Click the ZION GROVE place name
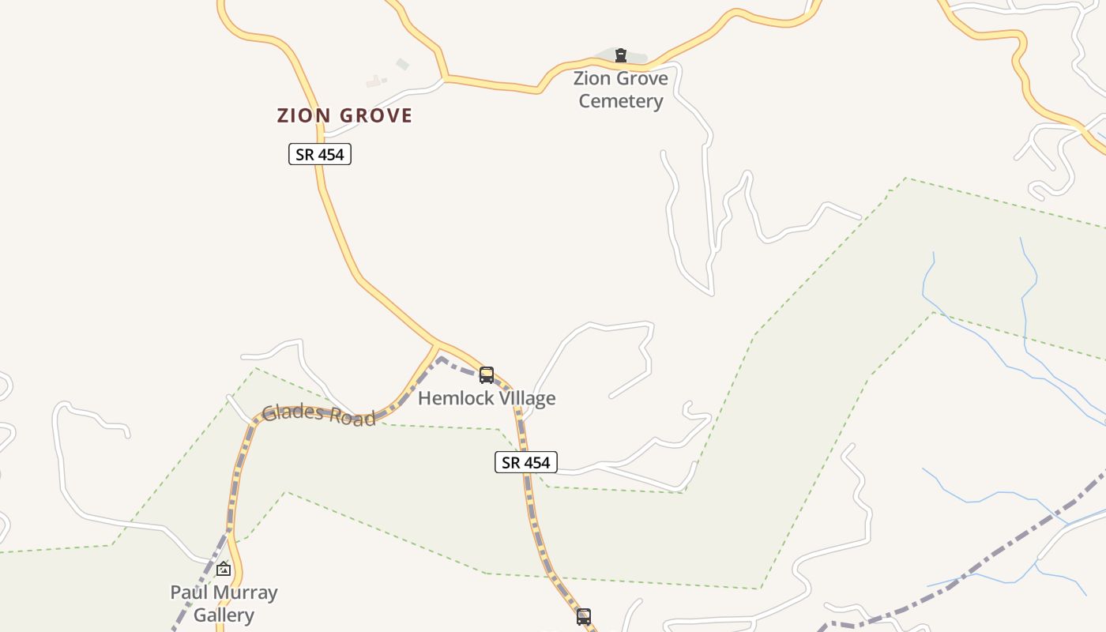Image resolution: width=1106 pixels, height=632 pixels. click(x=344, y=115)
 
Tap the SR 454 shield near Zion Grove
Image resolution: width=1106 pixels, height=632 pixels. click(x=319, y=154)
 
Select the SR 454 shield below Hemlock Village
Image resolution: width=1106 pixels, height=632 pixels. click(x=526, y=462)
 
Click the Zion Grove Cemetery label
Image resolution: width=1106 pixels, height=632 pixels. click(x=620, y=89)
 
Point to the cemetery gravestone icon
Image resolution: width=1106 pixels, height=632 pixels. click(x=621, y=55)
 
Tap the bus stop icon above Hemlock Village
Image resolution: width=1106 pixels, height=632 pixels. click(x=487, y=375)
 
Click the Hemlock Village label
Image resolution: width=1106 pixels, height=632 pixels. click(x=487, y=398)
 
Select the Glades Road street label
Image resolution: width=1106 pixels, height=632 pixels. click(x=318, y=415)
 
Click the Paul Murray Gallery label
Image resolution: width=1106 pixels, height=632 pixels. click(x=224, y=604)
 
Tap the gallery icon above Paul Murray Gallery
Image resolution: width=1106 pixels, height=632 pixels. click(x=224, y=568)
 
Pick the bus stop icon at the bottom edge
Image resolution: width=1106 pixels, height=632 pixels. click(x=584, y=617)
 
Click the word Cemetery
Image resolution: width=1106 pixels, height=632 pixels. click(x=620, y=101)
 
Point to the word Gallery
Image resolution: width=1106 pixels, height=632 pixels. click(x=224, y=615)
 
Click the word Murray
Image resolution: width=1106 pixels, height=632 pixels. click(x=247, y=592)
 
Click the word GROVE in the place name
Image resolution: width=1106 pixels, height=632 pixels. click(x=376, y=115)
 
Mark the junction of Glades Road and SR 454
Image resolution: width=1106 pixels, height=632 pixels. click(x=437, y=345)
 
